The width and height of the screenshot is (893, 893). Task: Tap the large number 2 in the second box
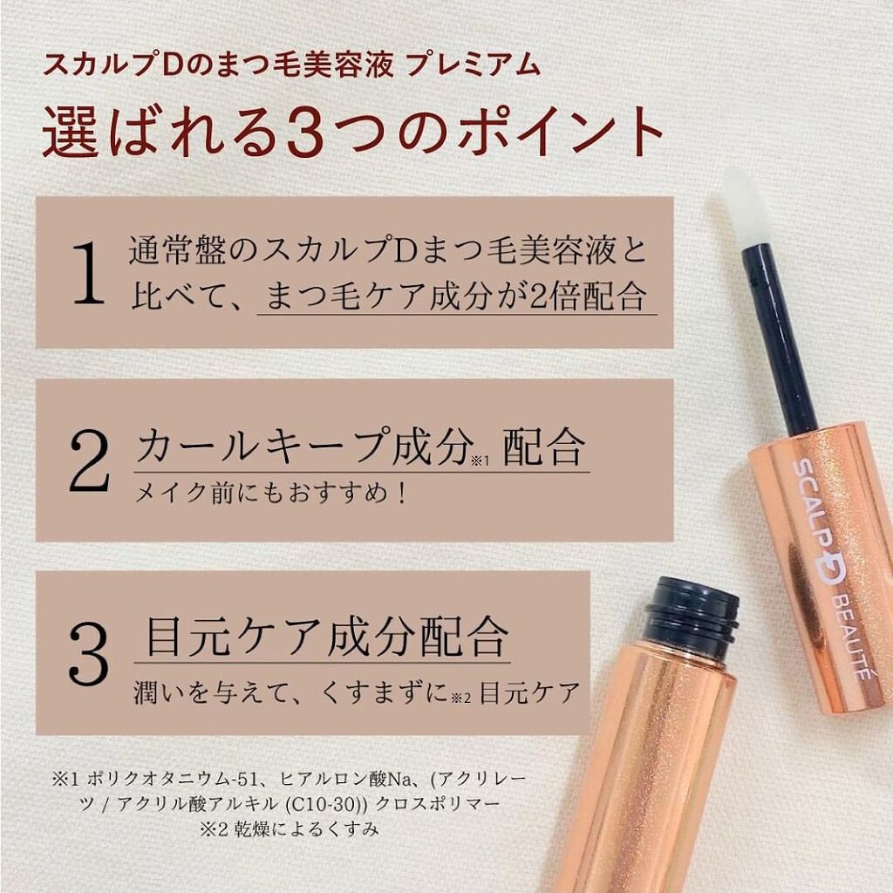[x=89, y=460]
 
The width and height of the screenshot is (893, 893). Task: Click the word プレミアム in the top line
[x=474, y=65]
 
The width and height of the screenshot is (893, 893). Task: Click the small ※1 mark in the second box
[x=481, y=461]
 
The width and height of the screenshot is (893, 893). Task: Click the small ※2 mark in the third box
[x=460, y=699]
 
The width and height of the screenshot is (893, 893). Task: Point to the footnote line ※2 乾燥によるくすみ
[x=290, y=828]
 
